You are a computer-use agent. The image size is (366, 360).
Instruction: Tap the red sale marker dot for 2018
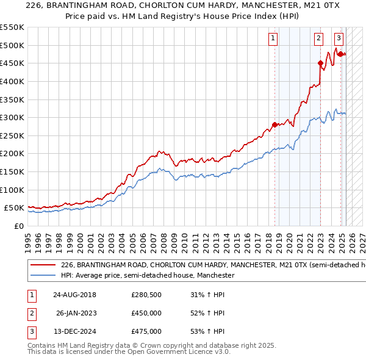(x=274, y=124)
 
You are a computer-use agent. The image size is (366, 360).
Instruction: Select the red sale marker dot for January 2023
(x=320, y=63)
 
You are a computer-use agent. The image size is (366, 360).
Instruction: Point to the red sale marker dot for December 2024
(x=340, y=54)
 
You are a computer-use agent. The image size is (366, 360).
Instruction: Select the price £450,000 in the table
(x=146, y=314)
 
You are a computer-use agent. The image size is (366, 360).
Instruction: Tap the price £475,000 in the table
(x=146, y=331)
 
